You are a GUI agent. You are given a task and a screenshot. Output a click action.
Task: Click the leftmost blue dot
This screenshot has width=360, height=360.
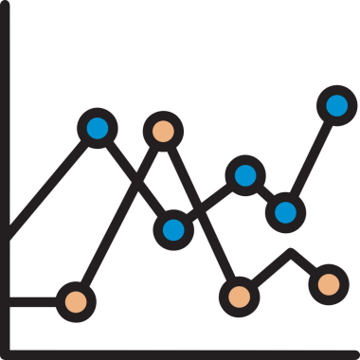(x=97, y=128)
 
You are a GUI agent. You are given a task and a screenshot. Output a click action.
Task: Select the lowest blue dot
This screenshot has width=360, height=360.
(x=173, y=228)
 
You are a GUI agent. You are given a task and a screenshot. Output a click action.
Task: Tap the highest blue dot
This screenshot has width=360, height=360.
(x=336, y=105)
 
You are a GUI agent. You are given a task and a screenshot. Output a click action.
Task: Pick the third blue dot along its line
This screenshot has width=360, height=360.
(x=245, y=174)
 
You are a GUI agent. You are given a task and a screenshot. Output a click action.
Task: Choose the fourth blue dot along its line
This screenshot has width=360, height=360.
(x=285, y=210)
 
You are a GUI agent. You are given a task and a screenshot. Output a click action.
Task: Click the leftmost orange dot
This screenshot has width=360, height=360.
(x=75, y=302)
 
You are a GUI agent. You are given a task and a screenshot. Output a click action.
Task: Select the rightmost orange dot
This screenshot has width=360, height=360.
(x=328, y=282)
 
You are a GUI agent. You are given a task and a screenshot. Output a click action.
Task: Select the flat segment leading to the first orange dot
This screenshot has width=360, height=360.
(x=33, y=302)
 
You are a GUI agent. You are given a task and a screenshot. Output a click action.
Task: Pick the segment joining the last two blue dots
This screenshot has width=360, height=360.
(x=311, y=158)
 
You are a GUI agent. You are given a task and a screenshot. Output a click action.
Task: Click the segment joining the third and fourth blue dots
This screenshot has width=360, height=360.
(x=265, y=192)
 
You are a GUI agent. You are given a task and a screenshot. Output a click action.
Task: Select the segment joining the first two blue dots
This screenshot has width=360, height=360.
(x=135, y=178)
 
